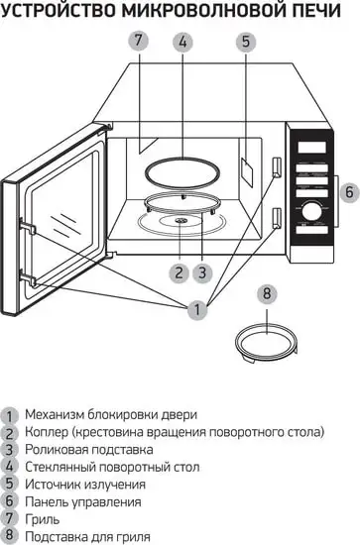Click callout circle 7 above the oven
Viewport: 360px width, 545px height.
pos(138,42)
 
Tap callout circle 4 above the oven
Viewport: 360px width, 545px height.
pos(181,43)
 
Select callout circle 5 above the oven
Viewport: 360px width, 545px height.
pos(246,42)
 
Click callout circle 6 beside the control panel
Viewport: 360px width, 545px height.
pos(347,191)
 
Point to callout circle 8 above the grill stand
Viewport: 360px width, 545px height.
pos(266,294)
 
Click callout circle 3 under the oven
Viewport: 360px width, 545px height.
pos(201,271)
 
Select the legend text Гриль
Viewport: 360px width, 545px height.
pos(43,518)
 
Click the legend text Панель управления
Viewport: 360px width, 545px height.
pos(83,500)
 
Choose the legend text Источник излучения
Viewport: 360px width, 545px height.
pos(85,484)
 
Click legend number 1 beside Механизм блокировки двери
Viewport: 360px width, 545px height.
pos(10,414)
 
